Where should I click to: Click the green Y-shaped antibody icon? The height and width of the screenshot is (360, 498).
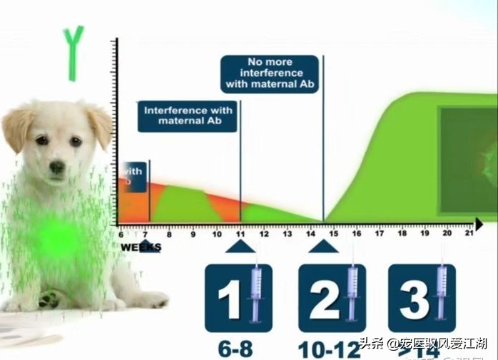coord(73,51)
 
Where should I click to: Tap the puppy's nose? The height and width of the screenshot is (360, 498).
coord(57,168)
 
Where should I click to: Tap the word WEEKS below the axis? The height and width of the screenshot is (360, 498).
coord(140,247)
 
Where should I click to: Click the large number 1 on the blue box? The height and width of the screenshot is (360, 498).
coord(229,299)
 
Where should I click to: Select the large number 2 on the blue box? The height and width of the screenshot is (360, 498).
coord(323,299)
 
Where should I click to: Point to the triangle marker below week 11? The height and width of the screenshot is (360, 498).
coord(240,247)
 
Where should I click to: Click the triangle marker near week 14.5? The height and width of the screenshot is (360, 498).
coord(324,247)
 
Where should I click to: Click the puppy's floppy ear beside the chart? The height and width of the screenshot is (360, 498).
coord(101,125)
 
